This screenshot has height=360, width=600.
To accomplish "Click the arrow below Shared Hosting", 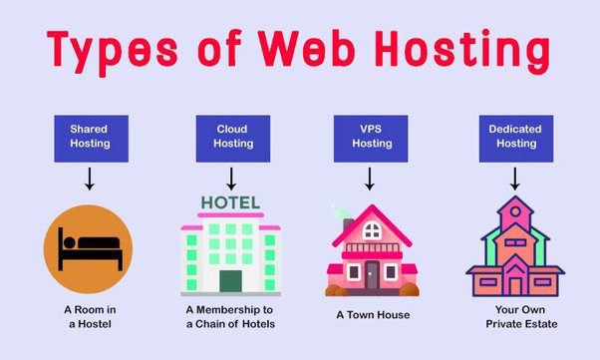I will [89, 180].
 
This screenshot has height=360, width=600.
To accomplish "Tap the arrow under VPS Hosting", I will [371, 180].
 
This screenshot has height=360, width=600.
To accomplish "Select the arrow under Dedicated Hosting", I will [515, 180].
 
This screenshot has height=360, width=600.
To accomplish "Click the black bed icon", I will [89, 246].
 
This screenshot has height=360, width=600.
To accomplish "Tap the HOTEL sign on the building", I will [230, 203].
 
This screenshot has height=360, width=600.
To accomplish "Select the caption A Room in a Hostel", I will [89, 316].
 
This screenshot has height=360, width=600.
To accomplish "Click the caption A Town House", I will [371, 315].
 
